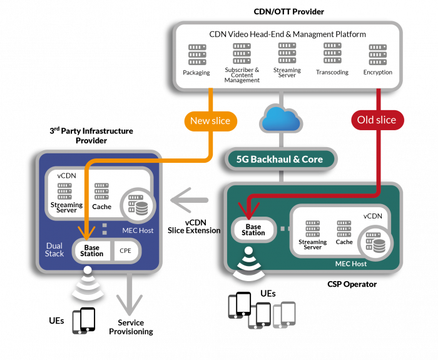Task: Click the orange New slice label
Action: (x=210, y=120)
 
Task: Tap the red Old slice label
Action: (x=377, y=120)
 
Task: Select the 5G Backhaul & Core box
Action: (x=280, y=159)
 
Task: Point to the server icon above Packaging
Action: (x=196, y=56)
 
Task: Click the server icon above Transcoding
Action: (x=332, y=54)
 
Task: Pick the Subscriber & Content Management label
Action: (x=242, y=75)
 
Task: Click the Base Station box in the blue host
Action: (x=91, y=250)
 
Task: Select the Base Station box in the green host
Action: (x=253, y=229)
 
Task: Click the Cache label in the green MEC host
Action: (x=344, y=242)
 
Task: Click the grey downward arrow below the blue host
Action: (x=130, y=300)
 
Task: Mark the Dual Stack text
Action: (x=54, y=250)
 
